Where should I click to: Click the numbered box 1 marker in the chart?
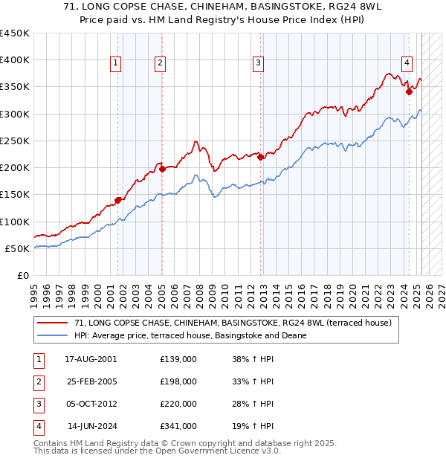point(117,64)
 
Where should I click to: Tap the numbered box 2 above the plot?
point(160,64)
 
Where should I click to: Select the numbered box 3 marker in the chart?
point(258,64)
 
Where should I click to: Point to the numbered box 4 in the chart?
point(407,64)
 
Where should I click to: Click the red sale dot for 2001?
point(118,200)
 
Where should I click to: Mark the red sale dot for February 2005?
point(162,169)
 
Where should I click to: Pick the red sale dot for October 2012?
point(260,157)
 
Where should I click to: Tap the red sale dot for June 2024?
point(409,91)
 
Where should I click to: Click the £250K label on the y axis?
point(15,141)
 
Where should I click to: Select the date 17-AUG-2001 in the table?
point(91,359)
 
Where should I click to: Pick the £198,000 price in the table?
point(178,381)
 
